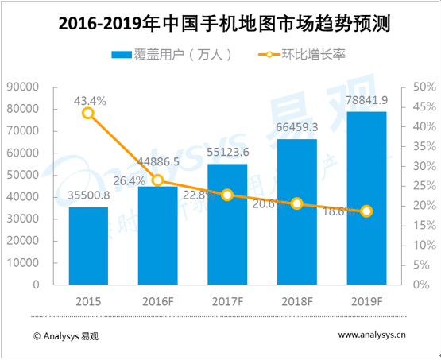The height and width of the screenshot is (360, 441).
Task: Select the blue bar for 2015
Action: (88, 246)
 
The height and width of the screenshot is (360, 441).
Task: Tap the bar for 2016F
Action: (158, 238)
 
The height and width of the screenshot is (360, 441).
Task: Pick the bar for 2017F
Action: (227, 230)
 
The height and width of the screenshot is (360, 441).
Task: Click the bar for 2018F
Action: (297, 215)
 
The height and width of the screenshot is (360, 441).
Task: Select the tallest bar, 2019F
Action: (366, 199)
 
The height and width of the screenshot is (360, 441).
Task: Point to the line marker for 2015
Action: (88, 113)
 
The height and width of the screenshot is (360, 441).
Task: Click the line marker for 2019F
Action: (366, 211)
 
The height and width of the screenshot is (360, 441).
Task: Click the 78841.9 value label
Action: (366, 100)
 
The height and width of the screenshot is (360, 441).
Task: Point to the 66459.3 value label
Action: (297, 127)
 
